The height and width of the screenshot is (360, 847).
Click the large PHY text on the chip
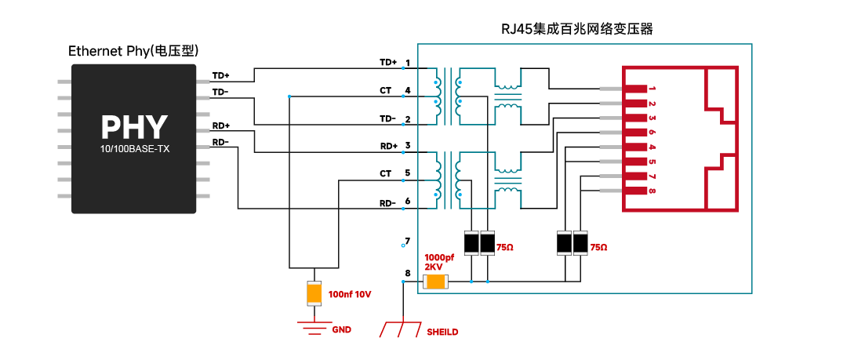coord(134,128)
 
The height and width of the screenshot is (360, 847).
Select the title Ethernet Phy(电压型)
coord(133,51)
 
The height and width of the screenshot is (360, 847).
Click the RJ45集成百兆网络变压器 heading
coord(577,29)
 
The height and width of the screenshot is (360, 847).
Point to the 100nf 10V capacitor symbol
coord(314,293)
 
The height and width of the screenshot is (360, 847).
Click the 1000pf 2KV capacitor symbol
coord(434,282)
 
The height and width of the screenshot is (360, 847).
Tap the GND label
coord(341,329)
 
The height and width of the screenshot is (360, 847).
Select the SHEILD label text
coord(442,332)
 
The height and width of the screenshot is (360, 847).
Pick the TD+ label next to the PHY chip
coord(220,75)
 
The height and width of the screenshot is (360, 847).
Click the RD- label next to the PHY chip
coord(220,143)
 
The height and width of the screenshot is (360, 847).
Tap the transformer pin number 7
coord(407,241)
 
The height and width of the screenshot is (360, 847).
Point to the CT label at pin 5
coord(385,173)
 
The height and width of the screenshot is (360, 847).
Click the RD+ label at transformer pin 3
coord(389,146)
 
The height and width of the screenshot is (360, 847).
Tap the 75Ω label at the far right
coord(598,247)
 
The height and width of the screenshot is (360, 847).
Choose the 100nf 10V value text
coord(350,295)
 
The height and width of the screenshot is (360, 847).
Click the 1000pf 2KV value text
coord(439,262)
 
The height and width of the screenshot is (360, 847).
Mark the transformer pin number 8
coord(407,273)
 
